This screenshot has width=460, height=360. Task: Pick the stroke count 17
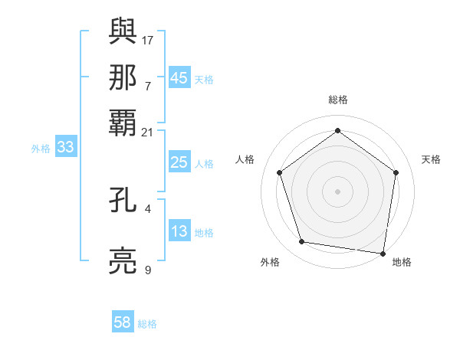click(149, 39)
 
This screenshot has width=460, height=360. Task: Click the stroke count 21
click(149, 132)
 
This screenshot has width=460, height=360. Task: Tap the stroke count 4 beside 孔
click(148, 208)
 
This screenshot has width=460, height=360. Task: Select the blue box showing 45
click(179, 77)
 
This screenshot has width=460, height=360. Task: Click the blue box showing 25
click(179, 162)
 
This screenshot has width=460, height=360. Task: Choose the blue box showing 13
click(179, 231)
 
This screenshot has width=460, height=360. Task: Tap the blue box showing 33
click(65, 148)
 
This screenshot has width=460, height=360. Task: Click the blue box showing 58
click(123, 322)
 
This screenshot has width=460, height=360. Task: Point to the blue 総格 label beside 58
click(147, 324)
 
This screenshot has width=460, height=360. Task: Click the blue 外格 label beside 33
click(41, 149)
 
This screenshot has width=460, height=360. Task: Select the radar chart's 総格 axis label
click(338, 100)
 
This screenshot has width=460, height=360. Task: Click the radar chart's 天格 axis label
click(431, 159)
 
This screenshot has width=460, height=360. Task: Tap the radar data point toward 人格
click(280, 172)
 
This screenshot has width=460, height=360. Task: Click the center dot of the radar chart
click(338, 191)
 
